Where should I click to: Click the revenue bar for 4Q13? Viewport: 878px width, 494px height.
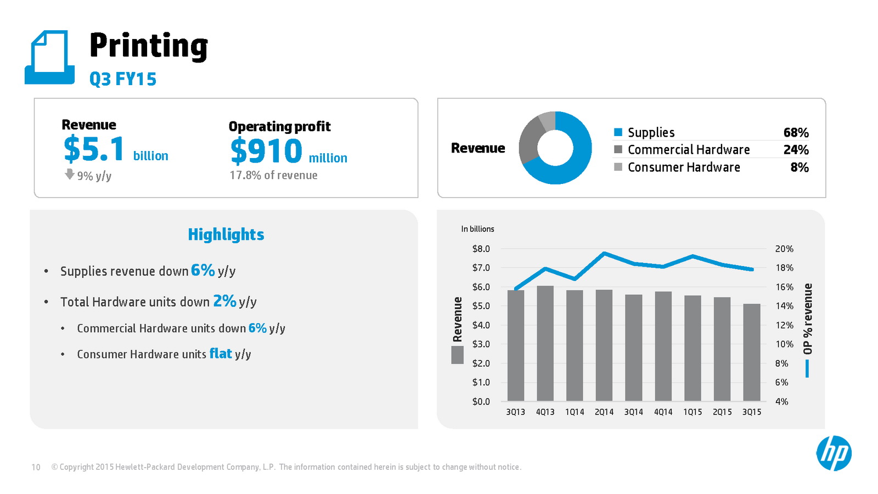tap(545, 344)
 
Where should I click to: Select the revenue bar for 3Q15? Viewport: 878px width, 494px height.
tap(752, 352)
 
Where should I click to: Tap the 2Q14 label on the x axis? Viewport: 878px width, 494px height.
tap(604, 412)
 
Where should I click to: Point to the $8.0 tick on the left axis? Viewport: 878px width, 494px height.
tap(481, 249)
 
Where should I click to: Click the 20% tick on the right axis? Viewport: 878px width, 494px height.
tap(784, 249)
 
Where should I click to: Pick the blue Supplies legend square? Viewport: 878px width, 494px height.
tap(618, 132)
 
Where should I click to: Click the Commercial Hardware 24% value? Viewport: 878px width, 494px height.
tap(796, 150)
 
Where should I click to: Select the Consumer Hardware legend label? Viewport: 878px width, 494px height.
tap(684, 167)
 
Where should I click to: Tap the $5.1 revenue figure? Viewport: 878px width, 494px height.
tap(94, 149)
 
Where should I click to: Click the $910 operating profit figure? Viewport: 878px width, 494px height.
tap(267, 151)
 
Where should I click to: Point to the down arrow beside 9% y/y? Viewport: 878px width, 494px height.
tap(70, 175)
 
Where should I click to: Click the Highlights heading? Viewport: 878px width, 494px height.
tap(226, 235)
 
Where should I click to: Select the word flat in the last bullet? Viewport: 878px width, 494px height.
tap(221, 353)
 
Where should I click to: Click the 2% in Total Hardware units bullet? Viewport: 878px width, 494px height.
tap(225, 301)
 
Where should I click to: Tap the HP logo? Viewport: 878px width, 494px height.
tap(834, 453)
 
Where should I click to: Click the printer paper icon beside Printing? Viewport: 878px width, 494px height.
tap(49, 58)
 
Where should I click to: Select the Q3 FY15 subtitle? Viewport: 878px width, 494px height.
tap(123, 79)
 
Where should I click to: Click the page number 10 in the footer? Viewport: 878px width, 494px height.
tap(36, 467)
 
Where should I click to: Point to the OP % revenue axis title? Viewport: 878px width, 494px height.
tap(807, 319)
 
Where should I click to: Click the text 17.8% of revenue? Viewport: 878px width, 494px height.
tap(273, 176)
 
